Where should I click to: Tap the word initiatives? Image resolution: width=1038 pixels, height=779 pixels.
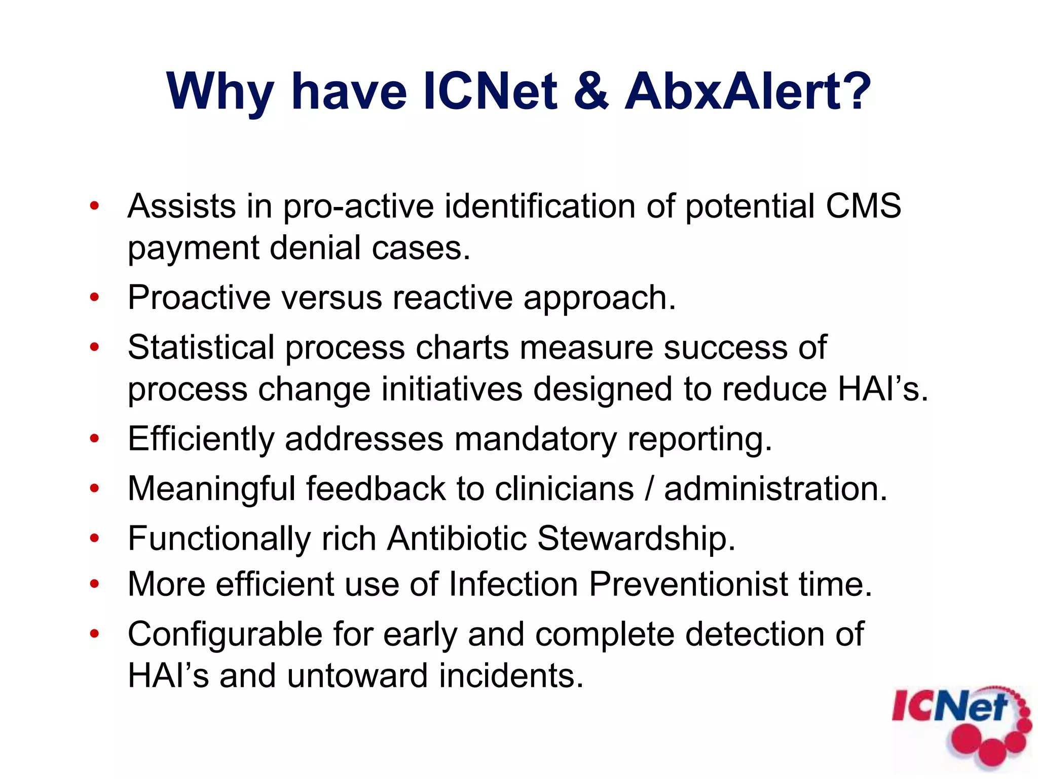coord(452,389)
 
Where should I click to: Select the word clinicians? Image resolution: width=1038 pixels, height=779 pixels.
coord(564,488)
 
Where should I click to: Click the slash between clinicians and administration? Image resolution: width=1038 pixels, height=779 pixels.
coord(649,488)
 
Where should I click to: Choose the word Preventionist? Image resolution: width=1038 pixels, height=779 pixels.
coord(689,584)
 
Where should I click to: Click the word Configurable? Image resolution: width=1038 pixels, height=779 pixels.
coord(225,634)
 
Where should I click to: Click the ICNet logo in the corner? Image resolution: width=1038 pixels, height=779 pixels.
coord(960,725)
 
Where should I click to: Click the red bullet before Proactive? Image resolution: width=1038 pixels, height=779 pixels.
coord(94,298)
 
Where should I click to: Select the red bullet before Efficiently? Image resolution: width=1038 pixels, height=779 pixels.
coord(94,439)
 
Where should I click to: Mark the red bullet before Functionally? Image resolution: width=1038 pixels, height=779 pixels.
coord(94,538)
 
